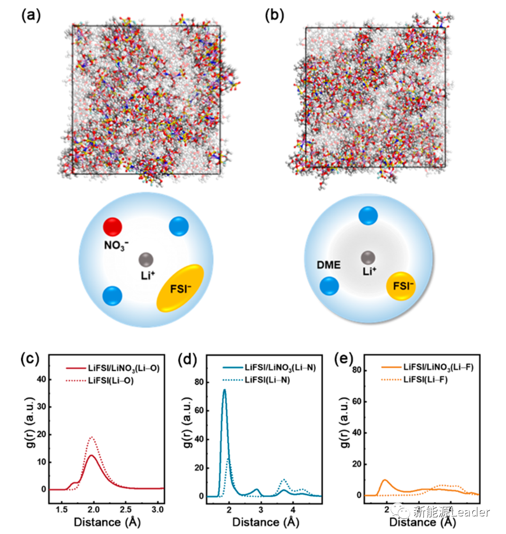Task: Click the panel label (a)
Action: (x=31, y=16)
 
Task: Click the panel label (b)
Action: (x=274, y=16)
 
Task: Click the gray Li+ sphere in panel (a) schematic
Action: (x=146, y=260)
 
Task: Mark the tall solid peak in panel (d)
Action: (x=225, y=390)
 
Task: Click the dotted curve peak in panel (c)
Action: (x=92, y=437)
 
